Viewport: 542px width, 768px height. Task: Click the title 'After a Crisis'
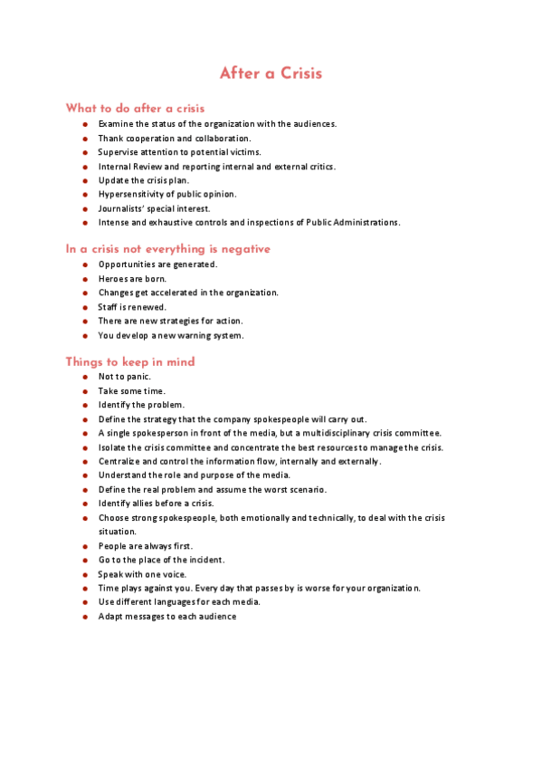click(x=271, y=73)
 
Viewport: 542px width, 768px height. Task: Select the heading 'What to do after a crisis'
click(x=136, y=109)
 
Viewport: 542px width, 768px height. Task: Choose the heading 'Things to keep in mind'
click(x=130, y=362)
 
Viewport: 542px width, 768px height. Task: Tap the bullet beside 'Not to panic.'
click(x=84, y=377)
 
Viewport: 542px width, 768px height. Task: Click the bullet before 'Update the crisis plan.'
click(x=84, y=180)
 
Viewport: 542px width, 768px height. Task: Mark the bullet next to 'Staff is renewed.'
click(x=84, y=307)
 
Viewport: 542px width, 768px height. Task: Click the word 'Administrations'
click(x=363, y=222)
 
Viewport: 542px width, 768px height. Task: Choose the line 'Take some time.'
click(x=132, y=391)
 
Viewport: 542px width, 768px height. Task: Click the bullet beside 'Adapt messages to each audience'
click(x=84, y=617)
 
